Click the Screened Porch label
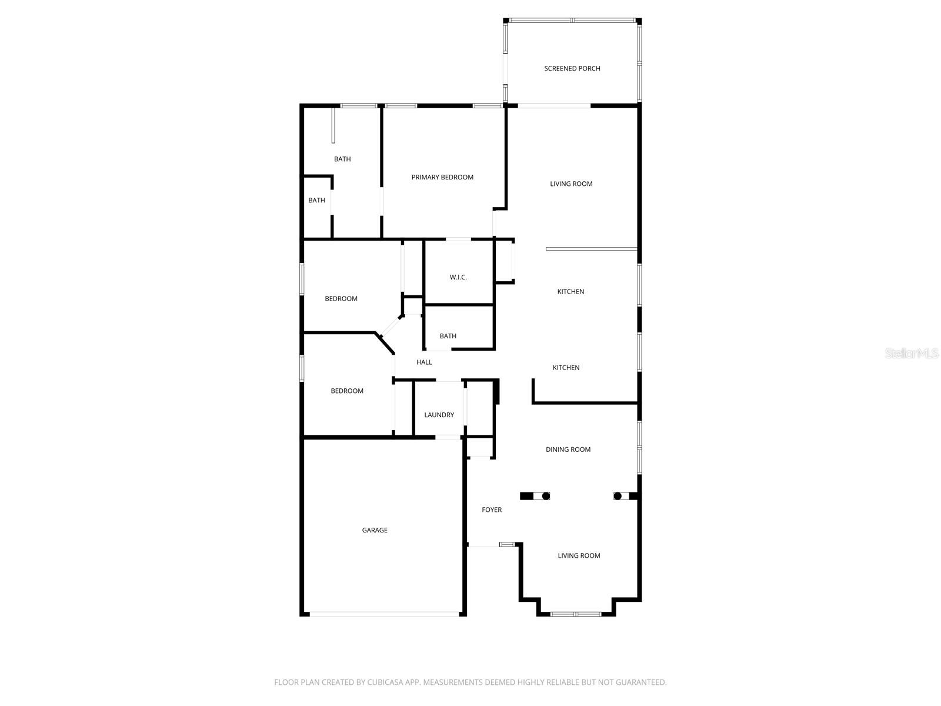[x=572, y=69]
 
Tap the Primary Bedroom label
[x=442, y=178]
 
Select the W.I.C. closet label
[x=458, y=277]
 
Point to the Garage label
[x=375, y=531]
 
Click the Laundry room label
[x=439, y=415]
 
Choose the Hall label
[x=424, y=362]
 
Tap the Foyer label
[x=492, y=510]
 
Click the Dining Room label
[x=568, y=449]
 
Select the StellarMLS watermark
[x=911, y=354]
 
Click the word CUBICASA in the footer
[x=386, y=682]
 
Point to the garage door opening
[x=384, y=614]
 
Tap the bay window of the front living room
[x=576, y=614]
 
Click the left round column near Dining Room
[x=545, y=496]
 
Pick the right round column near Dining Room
[x=618, y=496]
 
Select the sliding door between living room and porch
[x=554, y=106]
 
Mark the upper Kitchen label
[x=570, y=292]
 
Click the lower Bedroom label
[x=347, y=391]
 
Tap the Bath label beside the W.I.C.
[x=448, y=337]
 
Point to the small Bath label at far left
[x=316, y=201]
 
